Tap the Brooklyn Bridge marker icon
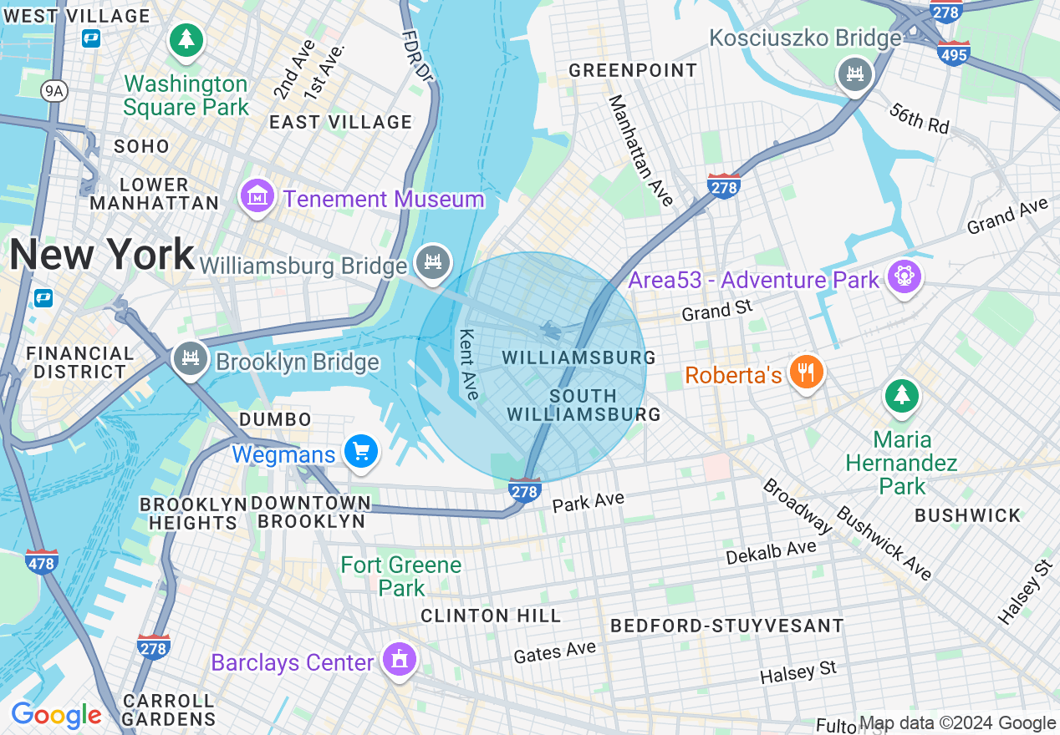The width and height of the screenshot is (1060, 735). (191, 359)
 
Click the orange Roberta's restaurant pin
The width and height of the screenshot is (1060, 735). (806, 372)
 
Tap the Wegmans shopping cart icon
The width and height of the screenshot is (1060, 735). (361, 452)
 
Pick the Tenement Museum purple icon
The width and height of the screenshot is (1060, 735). (257, 197)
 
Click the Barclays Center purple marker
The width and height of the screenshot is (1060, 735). (400, 660)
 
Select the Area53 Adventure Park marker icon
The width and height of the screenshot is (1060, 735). (904, 276)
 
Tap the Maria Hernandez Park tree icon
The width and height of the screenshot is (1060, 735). (901, 395)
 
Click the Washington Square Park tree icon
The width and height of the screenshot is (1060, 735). (186, 39)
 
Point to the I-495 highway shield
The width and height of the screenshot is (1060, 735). (954, 53)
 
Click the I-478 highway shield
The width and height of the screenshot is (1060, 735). (41, 561)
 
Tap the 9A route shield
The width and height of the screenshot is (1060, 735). (54, 91)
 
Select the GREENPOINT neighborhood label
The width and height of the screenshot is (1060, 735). (633, 70)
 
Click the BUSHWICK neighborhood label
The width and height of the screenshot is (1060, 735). (967, 515)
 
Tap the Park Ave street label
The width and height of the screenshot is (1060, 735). (589, 502)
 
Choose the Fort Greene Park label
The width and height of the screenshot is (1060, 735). (401, 576)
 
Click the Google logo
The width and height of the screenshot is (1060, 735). (56, 715)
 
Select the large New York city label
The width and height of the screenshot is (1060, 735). (102, 254)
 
